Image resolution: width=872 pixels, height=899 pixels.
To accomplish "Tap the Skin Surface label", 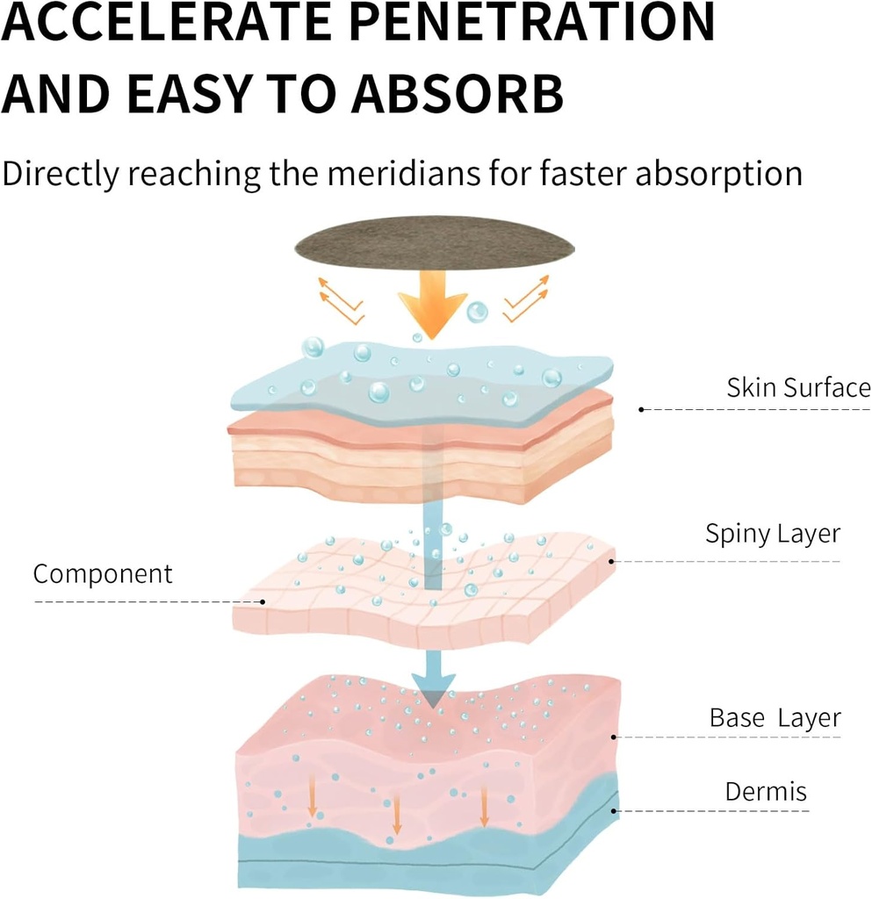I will tap(797, 387).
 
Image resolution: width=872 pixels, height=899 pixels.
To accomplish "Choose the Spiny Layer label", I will tap(773, 533).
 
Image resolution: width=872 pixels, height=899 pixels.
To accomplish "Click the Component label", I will tap(103, 574).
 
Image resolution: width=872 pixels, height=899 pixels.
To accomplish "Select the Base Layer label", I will tap(775, 717).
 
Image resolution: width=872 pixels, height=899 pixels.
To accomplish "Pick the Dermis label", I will tap(766, 791).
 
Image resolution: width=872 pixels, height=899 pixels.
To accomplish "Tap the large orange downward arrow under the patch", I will tap(432, 303).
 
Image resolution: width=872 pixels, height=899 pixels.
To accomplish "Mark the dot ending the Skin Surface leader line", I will tap(642, 409).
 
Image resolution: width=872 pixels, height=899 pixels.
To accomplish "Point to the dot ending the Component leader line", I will tap(263, 601).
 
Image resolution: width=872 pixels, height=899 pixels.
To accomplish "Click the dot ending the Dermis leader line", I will tap(615, 810).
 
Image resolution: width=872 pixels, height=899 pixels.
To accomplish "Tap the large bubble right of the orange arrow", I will tap(477, 311).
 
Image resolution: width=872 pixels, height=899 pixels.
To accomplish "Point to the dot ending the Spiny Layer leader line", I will tap(612, 561).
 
